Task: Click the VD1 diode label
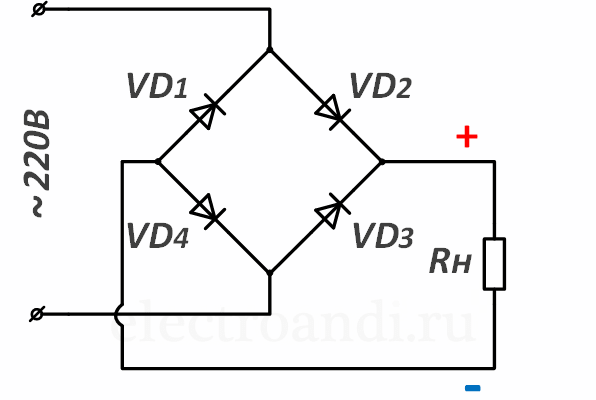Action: tap(157, 86)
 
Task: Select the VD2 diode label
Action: tap(380, 86)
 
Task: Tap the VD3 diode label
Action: tap(383, 236)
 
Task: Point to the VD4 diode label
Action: tap(158, 236)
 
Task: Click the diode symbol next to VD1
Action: tap(208, 111)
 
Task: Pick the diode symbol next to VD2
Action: tap(332, 112)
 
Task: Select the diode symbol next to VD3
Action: tap(332, 211)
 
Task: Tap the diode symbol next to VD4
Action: tap(208, 211)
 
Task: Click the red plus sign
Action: tap(467, 137)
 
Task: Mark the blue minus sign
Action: tap(472, 388)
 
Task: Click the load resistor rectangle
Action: tap(494, 264)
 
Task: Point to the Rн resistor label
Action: tap(450, 262)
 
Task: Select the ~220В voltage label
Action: tap(37, 163)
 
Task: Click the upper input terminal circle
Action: tap(39, 9)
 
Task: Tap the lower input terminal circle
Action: tap(37, 314)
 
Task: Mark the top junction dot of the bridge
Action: tap(270, 50)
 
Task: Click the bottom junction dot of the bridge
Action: tap(270, 273)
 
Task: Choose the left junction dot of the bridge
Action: tap(158, 162)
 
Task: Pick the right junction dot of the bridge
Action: tap(382, 162)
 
